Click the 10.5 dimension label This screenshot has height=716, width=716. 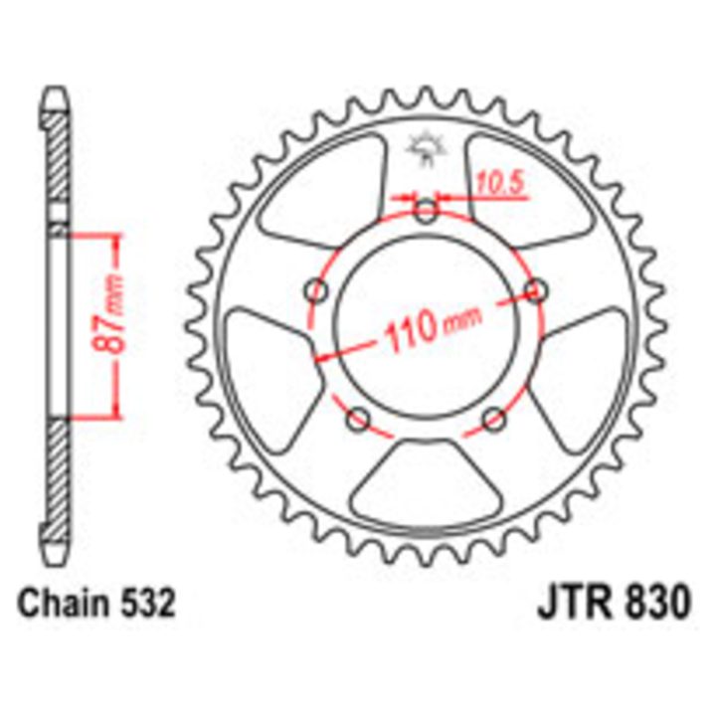click(498, 184)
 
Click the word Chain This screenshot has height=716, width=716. click(62, 603)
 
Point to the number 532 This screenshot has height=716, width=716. click(145, 603)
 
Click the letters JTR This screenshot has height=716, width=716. click(575, 602)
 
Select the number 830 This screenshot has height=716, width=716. click(656, 602)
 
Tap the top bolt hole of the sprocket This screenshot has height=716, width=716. click(426, 211)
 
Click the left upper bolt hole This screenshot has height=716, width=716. click(316, 290)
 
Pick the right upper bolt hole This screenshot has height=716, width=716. click(536, 290)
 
